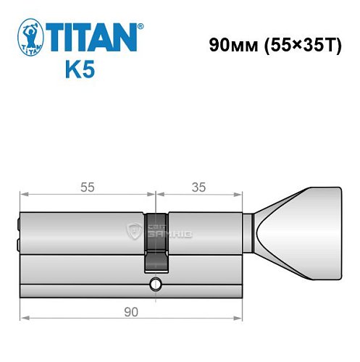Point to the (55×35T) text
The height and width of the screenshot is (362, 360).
pyautogui.click(x=298, y=44)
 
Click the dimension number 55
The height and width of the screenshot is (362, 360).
pyautogui.click(x=86, y=187)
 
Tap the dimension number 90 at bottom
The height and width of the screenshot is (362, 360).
pyautogui.click(x=130, y=312)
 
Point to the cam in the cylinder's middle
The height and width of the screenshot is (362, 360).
pyautogui.click(x=156, y=239)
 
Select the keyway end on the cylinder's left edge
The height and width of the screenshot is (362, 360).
pyautogui.click(x=18, y=231)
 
